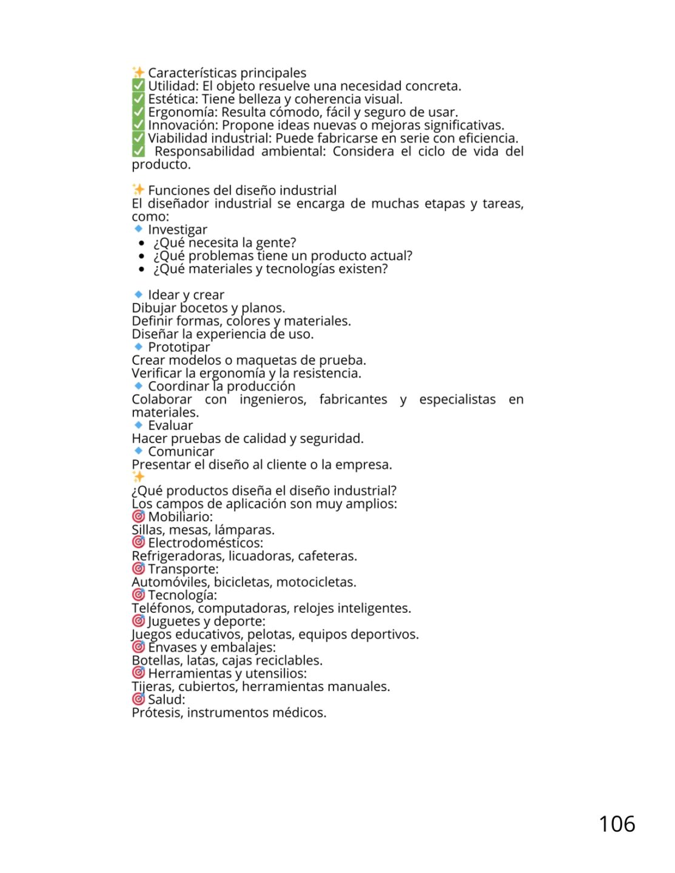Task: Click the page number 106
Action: (x=617, y=824)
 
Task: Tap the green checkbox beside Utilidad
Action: (x=138, y=86)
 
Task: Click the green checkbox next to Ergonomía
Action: (x=138, y=112)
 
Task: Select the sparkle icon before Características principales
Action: (x=138, y=73)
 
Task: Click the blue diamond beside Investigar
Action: (x=138, y=229)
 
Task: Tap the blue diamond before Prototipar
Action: (x=138, y=347)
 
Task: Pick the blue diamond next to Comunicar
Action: (x=138, y=451)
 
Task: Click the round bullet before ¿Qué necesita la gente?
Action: (x=142, y=243)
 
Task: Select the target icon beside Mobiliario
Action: (x=138, y=517)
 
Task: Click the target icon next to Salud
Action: (x=138, y=699)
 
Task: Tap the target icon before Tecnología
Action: (x=138, y=595)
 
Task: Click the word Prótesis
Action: (x=156, y=713)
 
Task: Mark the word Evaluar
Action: (x=170, y=426)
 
